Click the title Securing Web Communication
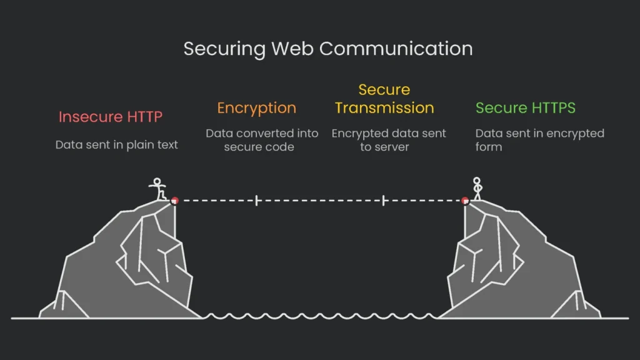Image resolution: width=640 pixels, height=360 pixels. point(327,49)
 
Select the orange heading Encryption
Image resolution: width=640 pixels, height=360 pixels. point(256,107)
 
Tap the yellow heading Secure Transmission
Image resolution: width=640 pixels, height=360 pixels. point(384,99)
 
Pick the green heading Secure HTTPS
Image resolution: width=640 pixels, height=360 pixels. point(525,107)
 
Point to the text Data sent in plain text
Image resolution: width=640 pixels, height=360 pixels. point(116,144)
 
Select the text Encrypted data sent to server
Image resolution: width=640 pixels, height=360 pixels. point(389,141)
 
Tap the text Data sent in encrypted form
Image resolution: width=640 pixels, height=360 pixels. point(539,141)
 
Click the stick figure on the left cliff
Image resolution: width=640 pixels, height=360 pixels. point(158,189)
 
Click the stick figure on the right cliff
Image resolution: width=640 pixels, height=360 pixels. point(477,189)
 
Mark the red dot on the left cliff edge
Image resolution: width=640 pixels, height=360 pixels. point(175,201)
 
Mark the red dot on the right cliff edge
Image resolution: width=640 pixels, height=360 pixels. point(465,201)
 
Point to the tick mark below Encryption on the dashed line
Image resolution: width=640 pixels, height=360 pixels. point(256,201)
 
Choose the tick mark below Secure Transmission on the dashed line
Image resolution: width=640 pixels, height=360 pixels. point(384,201)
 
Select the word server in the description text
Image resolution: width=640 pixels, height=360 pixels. point(392,147)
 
